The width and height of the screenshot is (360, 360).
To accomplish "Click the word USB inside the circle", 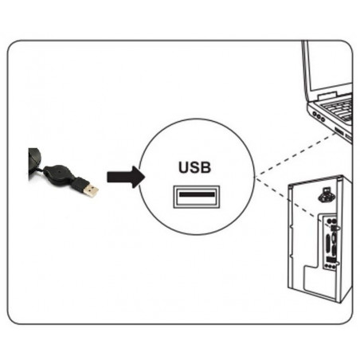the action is (194, 167).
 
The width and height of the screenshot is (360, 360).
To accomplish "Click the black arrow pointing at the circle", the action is (126, 177).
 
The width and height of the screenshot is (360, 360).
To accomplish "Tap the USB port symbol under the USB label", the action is (197, 197).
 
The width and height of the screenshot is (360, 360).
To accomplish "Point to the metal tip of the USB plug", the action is (91, 190).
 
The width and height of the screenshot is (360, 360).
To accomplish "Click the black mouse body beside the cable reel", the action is (34, 161).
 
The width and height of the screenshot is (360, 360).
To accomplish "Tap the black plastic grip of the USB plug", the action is (79, 184).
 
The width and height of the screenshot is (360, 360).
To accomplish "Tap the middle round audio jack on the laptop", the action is (319, 117).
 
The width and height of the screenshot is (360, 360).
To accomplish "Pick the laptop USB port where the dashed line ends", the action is (338, 131).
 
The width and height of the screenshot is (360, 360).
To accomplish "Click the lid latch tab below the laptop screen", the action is (327, 96).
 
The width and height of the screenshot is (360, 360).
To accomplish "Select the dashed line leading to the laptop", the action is (295, 155).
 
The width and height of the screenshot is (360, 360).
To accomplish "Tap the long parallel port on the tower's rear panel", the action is (329, 242).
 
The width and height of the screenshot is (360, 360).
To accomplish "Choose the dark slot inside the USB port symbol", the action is (197, 194).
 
